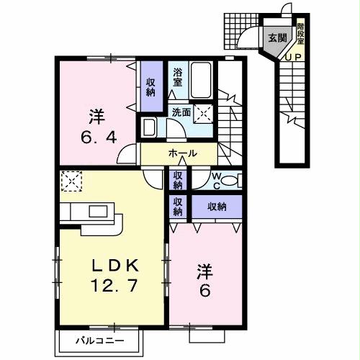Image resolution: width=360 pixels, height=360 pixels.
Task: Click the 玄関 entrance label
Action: click(x=277, y=38)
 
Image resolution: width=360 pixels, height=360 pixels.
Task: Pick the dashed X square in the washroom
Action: click(x=204, y=113)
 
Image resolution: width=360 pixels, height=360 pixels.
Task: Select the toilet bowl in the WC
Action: click(x=230, y=181)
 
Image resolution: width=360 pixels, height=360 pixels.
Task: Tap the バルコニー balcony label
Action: click(x=101, y=339)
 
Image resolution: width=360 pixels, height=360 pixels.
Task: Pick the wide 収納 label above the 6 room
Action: click(x=217, y=207)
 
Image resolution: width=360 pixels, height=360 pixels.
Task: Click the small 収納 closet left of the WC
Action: click(x=178, y=179)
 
